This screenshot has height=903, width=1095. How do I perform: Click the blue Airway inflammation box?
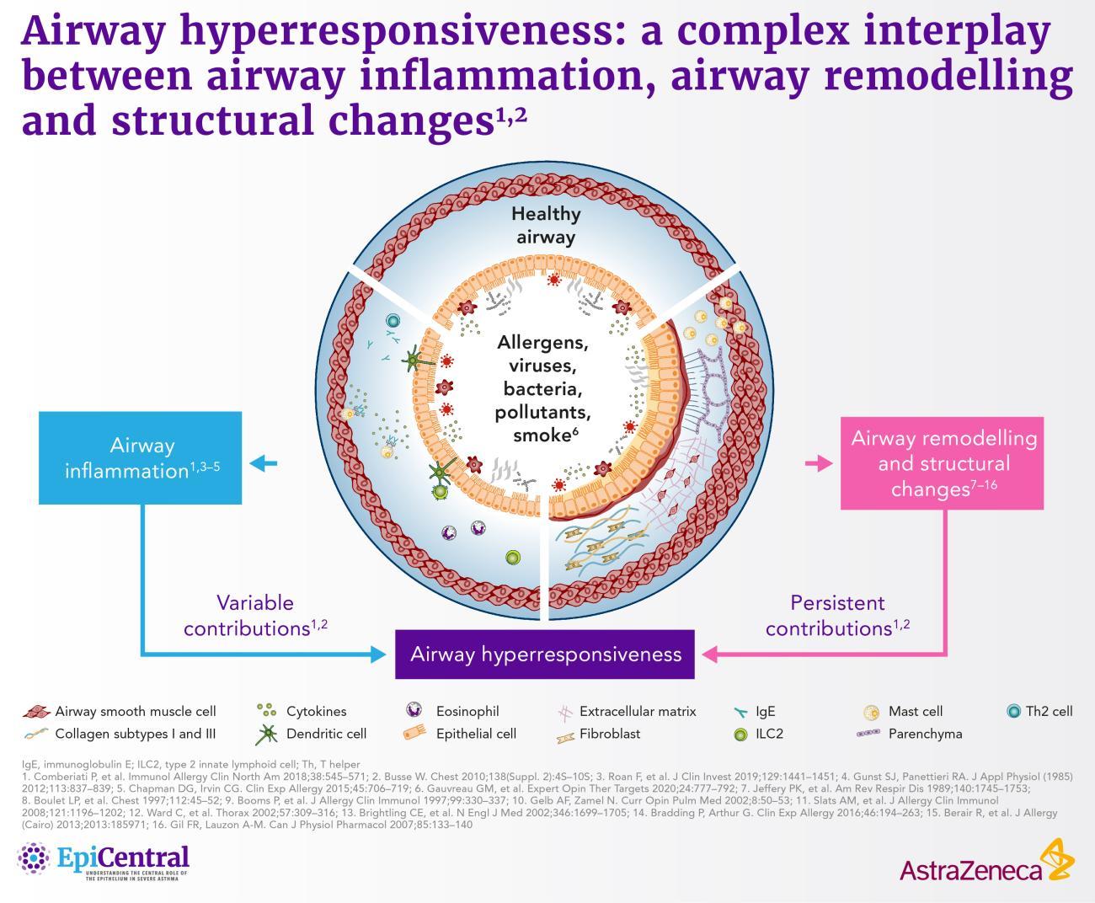pyautogui.click(x=140, y=457)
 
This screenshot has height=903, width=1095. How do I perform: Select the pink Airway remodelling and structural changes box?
pyautogui.click(x=942, y=463)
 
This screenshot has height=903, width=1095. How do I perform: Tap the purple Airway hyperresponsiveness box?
pyautogui.click(x=545, y=654)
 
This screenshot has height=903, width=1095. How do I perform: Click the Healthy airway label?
pyautogui.click(x=546, y=225)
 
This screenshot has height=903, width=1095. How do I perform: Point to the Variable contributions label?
pyautogui.click(x=255, y=615)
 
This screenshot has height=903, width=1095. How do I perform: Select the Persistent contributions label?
pyautogui.click(x=837, y=615)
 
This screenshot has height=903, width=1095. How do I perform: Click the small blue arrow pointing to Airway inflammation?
pyautogui.click(x=264, y=463)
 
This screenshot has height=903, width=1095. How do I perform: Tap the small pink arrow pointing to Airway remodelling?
pyautogui.click(x=819, y=463)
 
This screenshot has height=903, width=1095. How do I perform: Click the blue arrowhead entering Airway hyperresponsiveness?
pyautogui.click(x=378, y=654)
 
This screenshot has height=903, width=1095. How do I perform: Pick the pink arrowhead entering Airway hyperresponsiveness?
pyautogui.click(x=710, y=654)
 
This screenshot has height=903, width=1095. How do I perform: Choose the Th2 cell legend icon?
pyautogui.click(x=1014, y=711)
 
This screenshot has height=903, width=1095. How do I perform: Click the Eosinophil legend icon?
pyautogui.click(x=414, y=710)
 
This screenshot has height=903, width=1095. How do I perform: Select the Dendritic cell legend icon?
pyautogui.click(x=267, y=735)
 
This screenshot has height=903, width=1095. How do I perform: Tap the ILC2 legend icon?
pyautogui.click(x=740, y=735)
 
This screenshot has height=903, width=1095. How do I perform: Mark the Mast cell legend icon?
pyautogui.click(x=871, y=712)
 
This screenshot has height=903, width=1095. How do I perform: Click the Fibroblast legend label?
pyautogui.click(x=610, y=734)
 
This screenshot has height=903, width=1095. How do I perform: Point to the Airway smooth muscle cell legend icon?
pyautogui.click(x=36, y=712)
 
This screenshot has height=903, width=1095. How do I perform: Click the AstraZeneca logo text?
pyautogui.click(x=970, y=871)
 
